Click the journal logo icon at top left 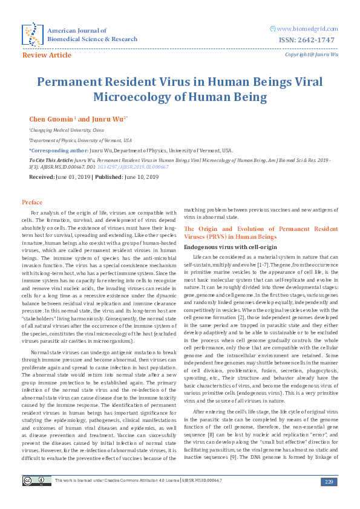[31, 34]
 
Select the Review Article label [47, 55]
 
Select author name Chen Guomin [50, 119]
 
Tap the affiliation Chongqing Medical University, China [67, 130]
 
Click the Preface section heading [32, 201]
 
